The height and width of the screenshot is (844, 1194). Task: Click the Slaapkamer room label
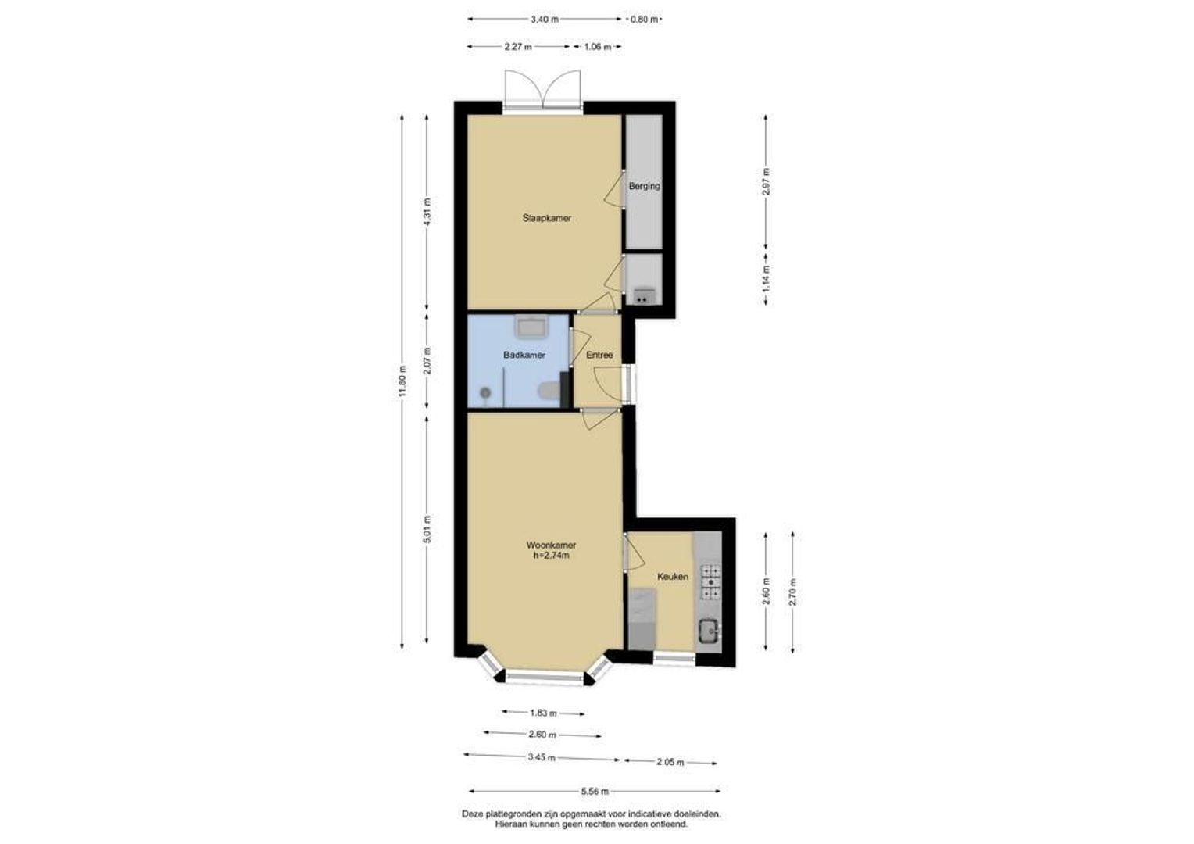pos(546,218)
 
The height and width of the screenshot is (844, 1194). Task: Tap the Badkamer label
pos(524,355)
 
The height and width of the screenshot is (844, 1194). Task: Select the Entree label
pos(599,355)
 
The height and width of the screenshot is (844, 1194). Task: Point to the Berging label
pos(645,187)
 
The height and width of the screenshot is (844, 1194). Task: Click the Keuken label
pos(673,577)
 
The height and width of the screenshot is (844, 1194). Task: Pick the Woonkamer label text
pos(551,545)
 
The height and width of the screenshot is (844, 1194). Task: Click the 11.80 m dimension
pos(403,382)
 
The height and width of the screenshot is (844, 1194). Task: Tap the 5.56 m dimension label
pos(595,791)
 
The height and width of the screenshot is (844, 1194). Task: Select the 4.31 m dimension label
pos(427,212)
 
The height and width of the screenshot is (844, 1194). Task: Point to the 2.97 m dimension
pos(767,182)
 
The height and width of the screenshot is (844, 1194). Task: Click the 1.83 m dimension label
pos(544,713)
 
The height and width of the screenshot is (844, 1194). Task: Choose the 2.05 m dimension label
pos(670,763)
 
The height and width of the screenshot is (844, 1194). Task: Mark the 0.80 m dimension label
pos(645,20)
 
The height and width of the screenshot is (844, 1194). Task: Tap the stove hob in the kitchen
pos(710,583)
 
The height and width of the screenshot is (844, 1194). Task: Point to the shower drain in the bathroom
pos(485,393)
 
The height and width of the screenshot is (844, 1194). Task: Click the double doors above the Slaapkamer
pos(542,91)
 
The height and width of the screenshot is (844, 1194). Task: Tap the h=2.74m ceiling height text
pos(551,556)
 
